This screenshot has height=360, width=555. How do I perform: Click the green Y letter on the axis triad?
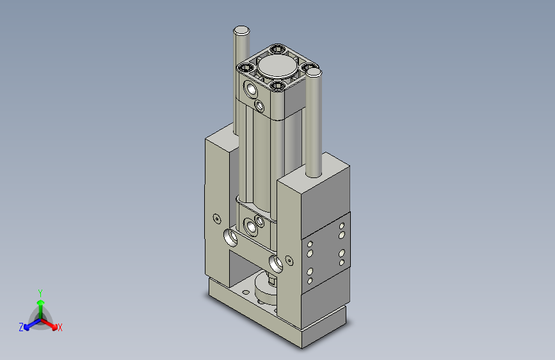pyautogui.click(x=40, y=291)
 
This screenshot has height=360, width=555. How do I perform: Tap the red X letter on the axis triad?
pyautogui.click(x=60, y=327)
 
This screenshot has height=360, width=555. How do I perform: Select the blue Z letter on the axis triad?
pyautogui.click(x=21, y=327)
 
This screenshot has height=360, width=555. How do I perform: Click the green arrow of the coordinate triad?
pyautogui.click(x=40, y=303)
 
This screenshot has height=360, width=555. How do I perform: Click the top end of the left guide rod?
pyautogui.click(x=242, y=30)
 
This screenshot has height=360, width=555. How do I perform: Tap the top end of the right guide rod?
pyautogui.click(x=314, y=73)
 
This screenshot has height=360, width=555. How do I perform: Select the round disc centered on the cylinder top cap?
pyautogui.click(x=277, y=65)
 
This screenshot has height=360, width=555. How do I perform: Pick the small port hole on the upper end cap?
pyautogui.click(x=259, y=105)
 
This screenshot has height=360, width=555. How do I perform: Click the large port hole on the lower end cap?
pyautogui.click(x=249, y=225)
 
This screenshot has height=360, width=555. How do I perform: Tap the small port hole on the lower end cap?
pyautogui.click(x=260, y=221)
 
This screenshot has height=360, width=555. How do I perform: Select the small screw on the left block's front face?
pyautogui.click(x=216, y=218)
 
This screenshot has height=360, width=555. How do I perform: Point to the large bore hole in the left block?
pyautogui.click(x=230, y=240)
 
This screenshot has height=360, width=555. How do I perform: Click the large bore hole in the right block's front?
pyautogui.click(x=277, y=262)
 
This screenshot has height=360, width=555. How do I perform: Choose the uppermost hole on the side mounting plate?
pyautogui.click(x=342, y=226)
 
